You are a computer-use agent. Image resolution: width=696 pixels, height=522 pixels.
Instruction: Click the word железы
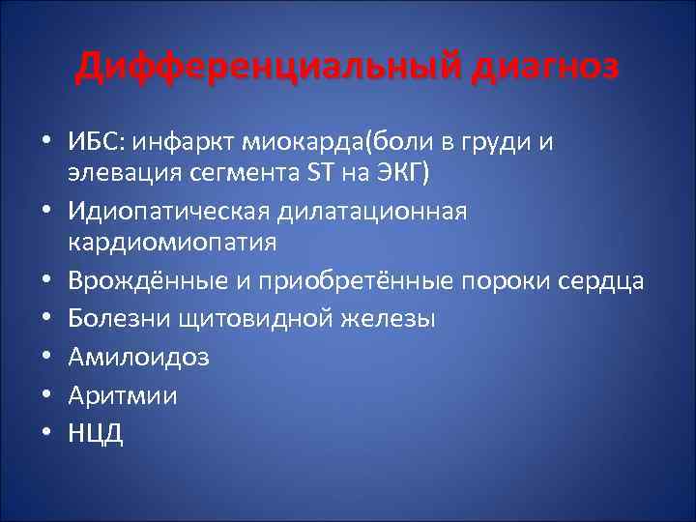(x=386, y=318)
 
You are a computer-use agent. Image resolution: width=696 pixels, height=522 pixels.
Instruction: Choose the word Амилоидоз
(x=124, y=357)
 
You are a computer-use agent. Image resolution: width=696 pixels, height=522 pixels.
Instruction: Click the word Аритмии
(x=108, y=395)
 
